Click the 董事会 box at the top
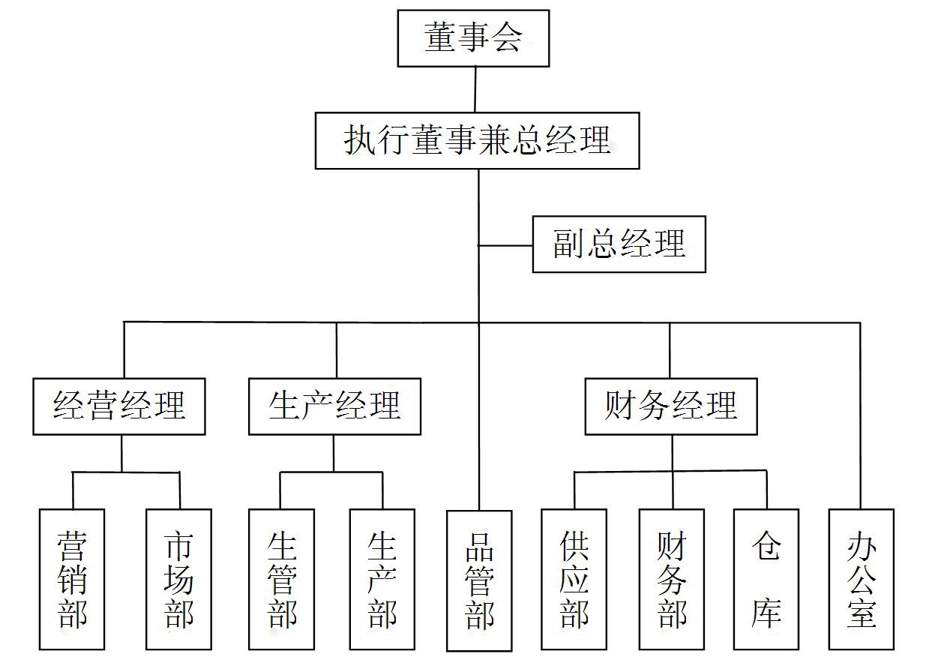pos(473,38)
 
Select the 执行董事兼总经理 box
pos(477,140)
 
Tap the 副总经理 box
pos(619,244)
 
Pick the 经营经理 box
pos(118,406)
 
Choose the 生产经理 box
pos(334,406)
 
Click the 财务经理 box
pos(671,406)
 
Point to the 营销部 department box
pos(72,579)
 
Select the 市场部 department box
pos(178,579)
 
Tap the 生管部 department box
pos(281,579)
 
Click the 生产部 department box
pos(382,579)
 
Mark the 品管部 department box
pos(479,580)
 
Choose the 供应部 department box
pos(574,579)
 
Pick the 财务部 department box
pos(671,579)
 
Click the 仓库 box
pos(766,579)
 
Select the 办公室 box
pos(861,579)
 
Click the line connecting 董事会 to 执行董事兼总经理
pos(475,89)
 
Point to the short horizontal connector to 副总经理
pos(505,244)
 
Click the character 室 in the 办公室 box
pos(862,614)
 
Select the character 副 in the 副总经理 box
pos(568,244)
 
